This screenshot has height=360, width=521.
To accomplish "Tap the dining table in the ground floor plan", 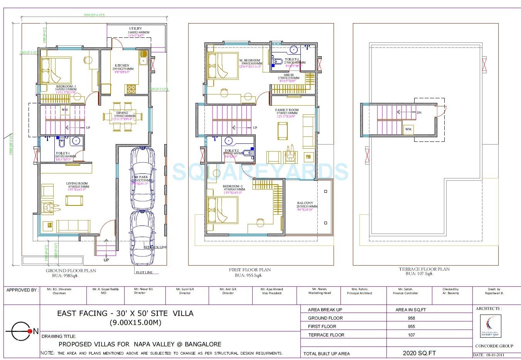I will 123,116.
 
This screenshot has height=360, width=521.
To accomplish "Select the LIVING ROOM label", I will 77,184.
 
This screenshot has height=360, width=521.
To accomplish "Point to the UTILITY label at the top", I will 135,29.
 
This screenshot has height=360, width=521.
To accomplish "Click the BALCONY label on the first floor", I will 305,203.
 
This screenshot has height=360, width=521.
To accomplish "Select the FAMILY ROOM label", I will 287,110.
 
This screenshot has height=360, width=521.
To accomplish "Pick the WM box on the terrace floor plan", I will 408,130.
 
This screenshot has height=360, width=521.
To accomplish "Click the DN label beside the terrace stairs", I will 419,113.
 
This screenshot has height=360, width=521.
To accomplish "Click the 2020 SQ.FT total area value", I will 419,353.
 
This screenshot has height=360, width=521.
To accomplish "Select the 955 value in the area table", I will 411,326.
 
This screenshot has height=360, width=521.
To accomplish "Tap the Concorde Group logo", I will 491,326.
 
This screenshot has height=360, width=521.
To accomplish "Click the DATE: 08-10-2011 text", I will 489,355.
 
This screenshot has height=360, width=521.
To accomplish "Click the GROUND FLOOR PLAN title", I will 71,271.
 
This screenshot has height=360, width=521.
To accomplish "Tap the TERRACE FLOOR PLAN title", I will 424,269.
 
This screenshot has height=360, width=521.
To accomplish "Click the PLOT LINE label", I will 144,273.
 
